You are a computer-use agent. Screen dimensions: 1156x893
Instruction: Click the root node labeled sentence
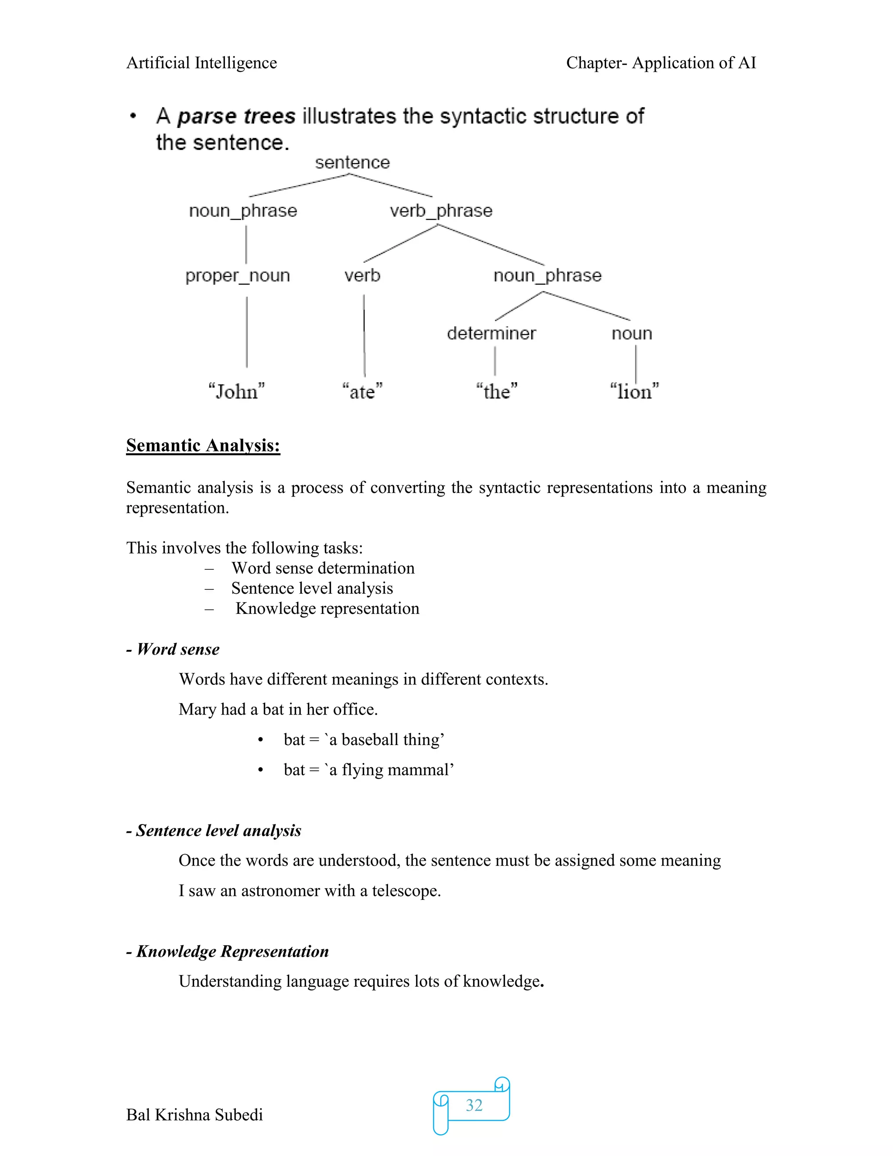352,163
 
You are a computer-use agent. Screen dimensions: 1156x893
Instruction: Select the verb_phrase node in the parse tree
441,211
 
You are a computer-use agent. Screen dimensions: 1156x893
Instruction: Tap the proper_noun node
238,276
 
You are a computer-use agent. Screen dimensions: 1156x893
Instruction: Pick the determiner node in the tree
491,333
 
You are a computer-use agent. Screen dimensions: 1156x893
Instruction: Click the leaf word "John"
236,392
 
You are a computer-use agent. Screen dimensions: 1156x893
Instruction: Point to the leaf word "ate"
362,392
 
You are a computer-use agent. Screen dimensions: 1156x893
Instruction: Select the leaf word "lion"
634,392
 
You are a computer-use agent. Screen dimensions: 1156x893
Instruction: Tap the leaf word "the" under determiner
496,392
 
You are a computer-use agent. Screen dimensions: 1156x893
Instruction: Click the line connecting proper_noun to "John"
246,332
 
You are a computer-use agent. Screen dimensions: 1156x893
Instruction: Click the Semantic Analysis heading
203,446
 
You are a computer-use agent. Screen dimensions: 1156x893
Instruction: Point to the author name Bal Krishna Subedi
194,1115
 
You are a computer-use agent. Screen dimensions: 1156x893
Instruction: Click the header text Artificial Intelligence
201,63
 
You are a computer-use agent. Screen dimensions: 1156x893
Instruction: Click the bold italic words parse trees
236,116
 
